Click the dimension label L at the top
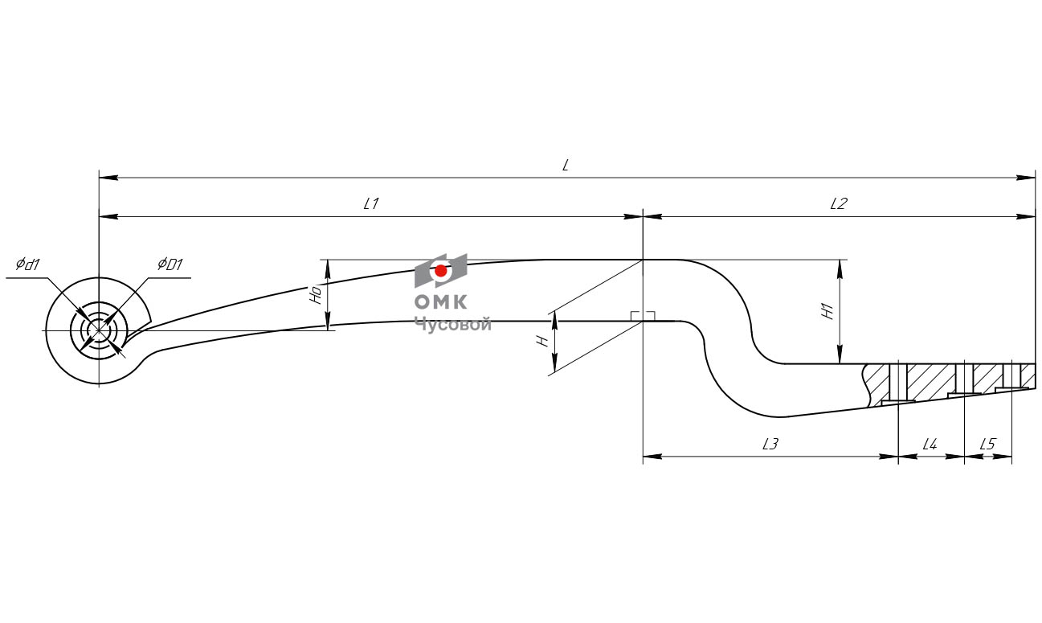566,165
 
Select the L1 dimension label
370,204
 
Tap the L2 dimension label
838,204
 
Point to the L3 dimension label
770,444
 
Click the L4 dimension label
930,444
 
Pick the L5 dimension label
987,444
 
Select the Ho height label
317,294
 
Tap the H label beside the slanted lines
544,342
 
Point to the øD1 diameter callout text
170,264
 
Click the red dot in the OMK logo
440,271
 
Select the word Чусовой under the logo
452,324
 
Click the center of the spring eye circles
99,330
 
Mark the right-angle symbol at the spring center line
643,316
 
